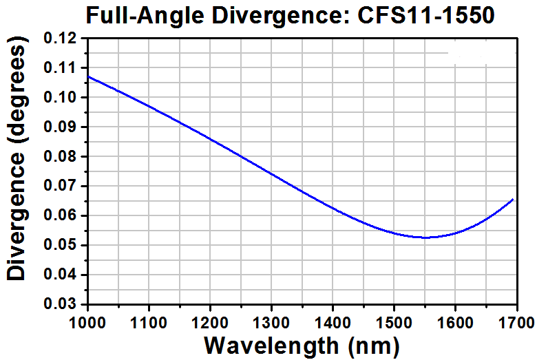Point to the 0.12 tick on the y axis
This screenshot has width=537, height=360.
click(x=62, y=39)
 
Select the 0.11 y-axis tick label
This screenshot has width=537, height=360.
click(x=62, y=68)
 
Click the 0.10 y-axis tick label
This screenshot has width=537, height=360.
click(x=62, y=98)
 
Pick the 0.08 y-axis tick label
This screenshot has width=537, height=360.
click(x=62, y=157)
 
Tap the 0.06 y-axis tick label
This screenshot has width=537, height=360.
click(x=62, y=216)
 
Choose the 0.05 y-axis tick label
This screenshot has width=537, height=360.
click(x=62, y=246)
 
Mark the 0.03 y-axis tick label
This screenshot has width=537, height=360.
click(x=62, y=304)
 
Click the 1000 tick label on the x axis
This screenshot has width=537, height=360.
click(x=88, y=321)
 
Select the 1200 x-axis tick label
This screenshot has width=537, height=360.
click(x=210, y=321)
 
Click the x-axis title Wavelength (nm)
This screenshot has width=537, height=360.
click(x=302, y=344)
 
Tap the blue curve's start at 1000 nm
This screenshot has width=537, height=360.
click(x=89, y=76)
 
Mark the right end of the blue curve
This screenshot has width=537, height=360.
click(x=513, y=200)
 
